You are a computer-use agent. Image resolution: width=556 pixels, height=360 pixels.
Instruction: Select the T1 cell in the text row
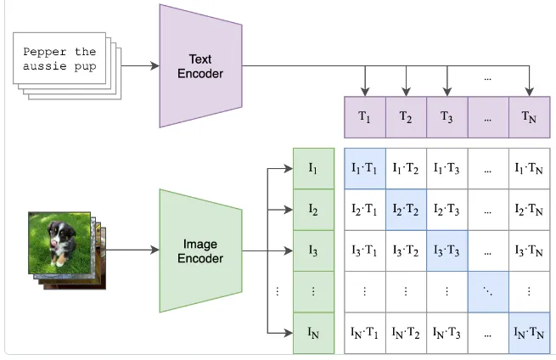coord(364,117)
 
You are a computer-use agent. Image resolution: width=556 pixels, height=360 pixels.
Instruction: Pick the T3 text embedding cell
coord(446,117)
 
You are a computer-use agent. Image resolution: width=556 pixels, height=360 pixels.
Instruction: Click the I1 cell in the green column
coord(313,168)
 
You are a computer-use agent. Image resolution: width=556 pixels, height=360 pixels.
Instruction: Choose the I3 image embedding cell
coord(313,250)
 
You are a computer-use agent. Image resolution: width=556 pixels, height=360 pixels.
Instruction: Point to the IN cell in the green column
coord(313,332)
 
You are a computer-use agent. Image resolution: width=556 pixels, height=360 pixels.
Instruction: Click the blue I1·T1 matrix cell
coord(364,168)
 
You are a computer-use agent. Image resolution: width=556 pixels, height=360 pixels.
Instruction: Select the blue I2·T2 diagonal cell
coord(406,209)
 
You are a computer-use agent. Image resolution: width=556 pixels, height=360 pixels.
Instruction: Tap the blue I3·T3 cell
coord(446,250)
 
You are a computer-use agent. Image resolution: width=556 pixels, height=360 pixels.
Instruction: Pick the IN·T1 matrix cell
coord(364,332)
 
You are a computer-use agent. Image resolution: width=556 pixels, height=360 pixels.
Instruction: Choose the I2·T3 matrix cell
coord(446,209)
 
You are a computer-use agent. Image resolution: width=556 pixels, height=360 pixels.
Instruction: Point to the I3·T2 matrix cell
coord(406,250)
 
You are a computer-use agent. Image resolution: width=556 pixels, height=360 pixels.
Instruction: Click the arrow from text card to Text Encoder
coord(140,65)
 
